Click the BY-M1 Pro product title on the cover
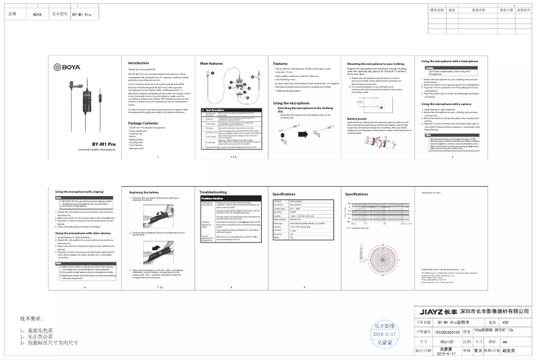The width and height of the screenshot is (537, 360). [x=84, y=143]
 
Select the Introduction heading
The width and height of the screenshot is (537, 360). [x=138, y=63]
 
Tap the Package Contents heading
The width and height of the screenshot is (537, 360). [x=143, y=105]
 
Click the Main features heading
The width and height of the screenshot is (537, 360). [x=212, y=63]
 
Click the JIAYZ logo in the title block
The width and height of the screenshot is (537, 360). [x=420, y=310]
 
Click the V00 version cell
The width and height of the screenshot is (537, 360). [x=514, y=321]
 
